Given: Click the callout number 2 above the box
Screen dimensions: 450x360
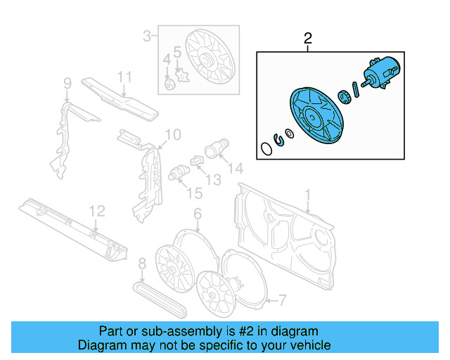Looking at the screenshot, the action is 308,39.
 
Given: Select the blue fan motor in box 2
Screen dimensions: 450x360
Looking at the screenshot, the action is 381,72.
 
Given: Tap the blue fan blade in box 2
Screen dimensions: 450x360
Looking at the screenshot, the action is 317,115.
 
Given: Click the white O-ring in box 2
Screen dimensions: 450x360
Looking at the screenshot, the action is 266,148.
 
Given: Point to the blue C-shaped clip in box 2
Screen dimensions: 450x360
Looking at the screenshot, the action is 279,139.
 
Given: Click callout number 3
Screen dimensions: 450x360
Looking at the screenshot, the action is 147,36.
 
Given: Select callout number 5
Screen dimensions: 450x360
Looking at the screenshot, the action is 178,52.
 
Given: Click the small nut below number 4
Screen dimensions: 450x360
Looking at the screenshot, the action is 169,84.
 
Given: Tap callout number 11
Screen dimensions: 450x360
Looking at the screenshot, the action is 124,77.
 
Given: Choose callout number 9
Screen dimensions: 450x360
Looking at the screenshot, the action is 67,84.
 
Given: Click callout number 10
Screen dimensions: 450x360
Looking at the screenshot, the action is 173,134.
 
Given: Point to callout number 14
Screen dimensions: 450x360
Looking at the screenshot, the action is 236,168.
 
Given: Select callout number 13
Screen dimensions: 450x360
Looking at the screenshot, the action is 214,180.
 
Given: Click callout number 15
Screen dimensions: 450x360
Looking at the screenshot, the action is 195,193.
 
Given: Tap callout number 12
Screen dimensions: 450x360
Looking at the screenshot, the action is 97,212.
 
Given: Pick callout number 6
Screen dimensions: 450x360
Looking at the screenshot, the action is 198,214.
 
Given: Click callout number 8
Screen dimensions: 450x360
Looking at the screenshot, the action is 142,264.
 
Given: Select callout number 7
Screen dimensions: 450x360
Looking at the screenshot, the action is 283,300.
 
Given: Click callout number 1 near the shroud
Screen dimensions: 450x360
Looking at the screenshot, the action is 308,195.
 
